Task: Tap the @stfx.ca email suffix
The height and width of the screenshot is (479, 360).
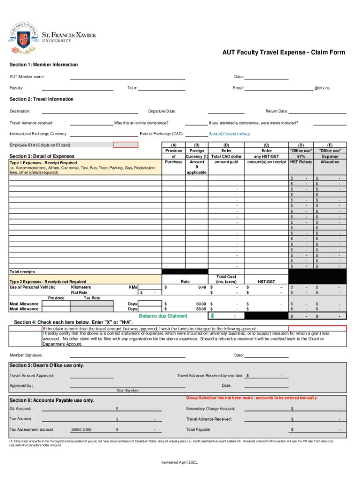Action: tap(322, 88)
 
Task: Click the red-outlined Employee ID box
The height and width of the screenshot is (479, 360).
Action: tap(126, 145)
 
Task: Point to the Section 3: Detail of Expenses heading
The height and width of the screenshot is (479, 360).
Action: tap(42, 156)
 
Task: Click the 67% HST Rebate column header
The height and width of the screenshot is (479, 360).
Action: tap(301, 156)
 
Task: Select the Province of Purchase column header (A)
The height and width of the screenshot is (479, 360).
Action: tap(173, 156)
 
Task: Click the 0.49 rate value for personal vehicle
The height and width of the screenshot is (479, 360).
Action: tap(202, 287)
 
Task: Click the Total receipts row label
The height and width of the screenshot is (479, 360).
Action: tap(22, 272)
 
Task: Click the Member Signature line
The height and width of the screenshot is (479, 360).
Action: tap(127, 356)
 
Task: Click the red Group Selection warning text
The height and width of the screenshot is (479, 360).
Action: tap(252, 398)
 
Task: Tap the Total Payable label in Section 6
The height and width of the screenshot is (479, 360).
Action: tap(198, 429)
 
